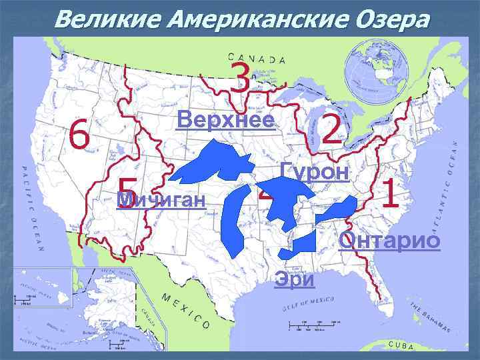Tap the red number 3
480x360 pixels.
[239, 78]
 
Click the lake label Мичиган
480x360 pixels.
[160, 199]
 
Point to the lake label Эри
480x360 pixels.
[294, 279]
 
